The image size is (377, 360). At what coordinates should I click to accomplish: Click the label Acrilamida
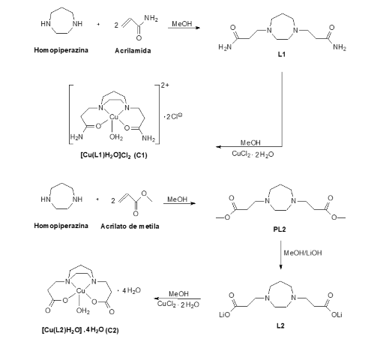point(133,51)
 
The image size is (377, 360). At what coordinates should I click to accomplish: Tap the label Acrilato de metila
point(130,226)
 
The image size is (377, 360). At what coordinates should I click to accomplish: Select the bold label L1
point(282,54)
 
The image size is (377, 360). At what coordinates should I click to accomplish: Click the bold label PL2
point(280,229)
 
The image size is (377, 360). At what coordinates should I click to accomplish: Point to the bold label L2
point(280,325)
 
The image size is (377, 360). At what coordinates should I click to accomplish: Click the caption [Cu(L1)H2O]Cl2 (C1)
point(114,155)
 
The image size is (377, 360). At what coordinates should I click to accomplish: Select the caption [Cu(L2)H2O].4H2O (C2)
point(80,330)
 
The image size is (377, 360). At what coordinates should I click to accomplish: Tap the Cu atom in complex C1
point(114,117)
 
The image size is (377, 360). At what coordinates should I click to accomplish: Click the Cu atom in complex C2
point(80,290)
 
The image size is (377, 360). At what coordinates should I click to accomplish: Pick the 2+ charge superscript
point(165,85)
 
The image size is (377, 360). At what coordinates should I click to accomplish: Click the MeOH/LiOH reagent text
point(303,253)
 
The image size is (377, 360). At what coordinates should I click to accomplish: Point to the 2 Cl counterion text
point(174,116)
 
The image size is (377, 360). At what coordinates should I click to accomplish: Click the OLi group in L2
point(337,315)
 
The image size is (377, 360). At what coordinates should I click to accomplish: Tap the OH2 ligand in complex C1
point(116,137)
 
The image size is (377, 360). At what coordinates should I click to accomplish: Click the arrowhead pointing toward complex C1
point(218,147)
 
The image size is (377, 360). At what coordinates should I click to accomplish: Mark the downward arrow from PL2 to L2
point(280,255)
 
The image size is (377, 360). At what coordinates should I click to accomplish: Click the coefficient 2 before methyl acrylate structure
point(113,201)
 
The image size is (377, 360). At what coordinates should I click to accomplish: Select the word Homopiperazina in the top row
point(61,50)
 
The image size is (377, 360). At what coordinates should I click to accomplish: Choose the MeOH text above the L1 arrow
point(182,24)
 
